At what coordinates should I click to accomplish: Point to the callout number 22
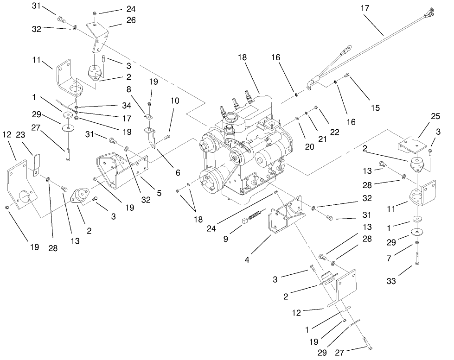click(x=334, y=132)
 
